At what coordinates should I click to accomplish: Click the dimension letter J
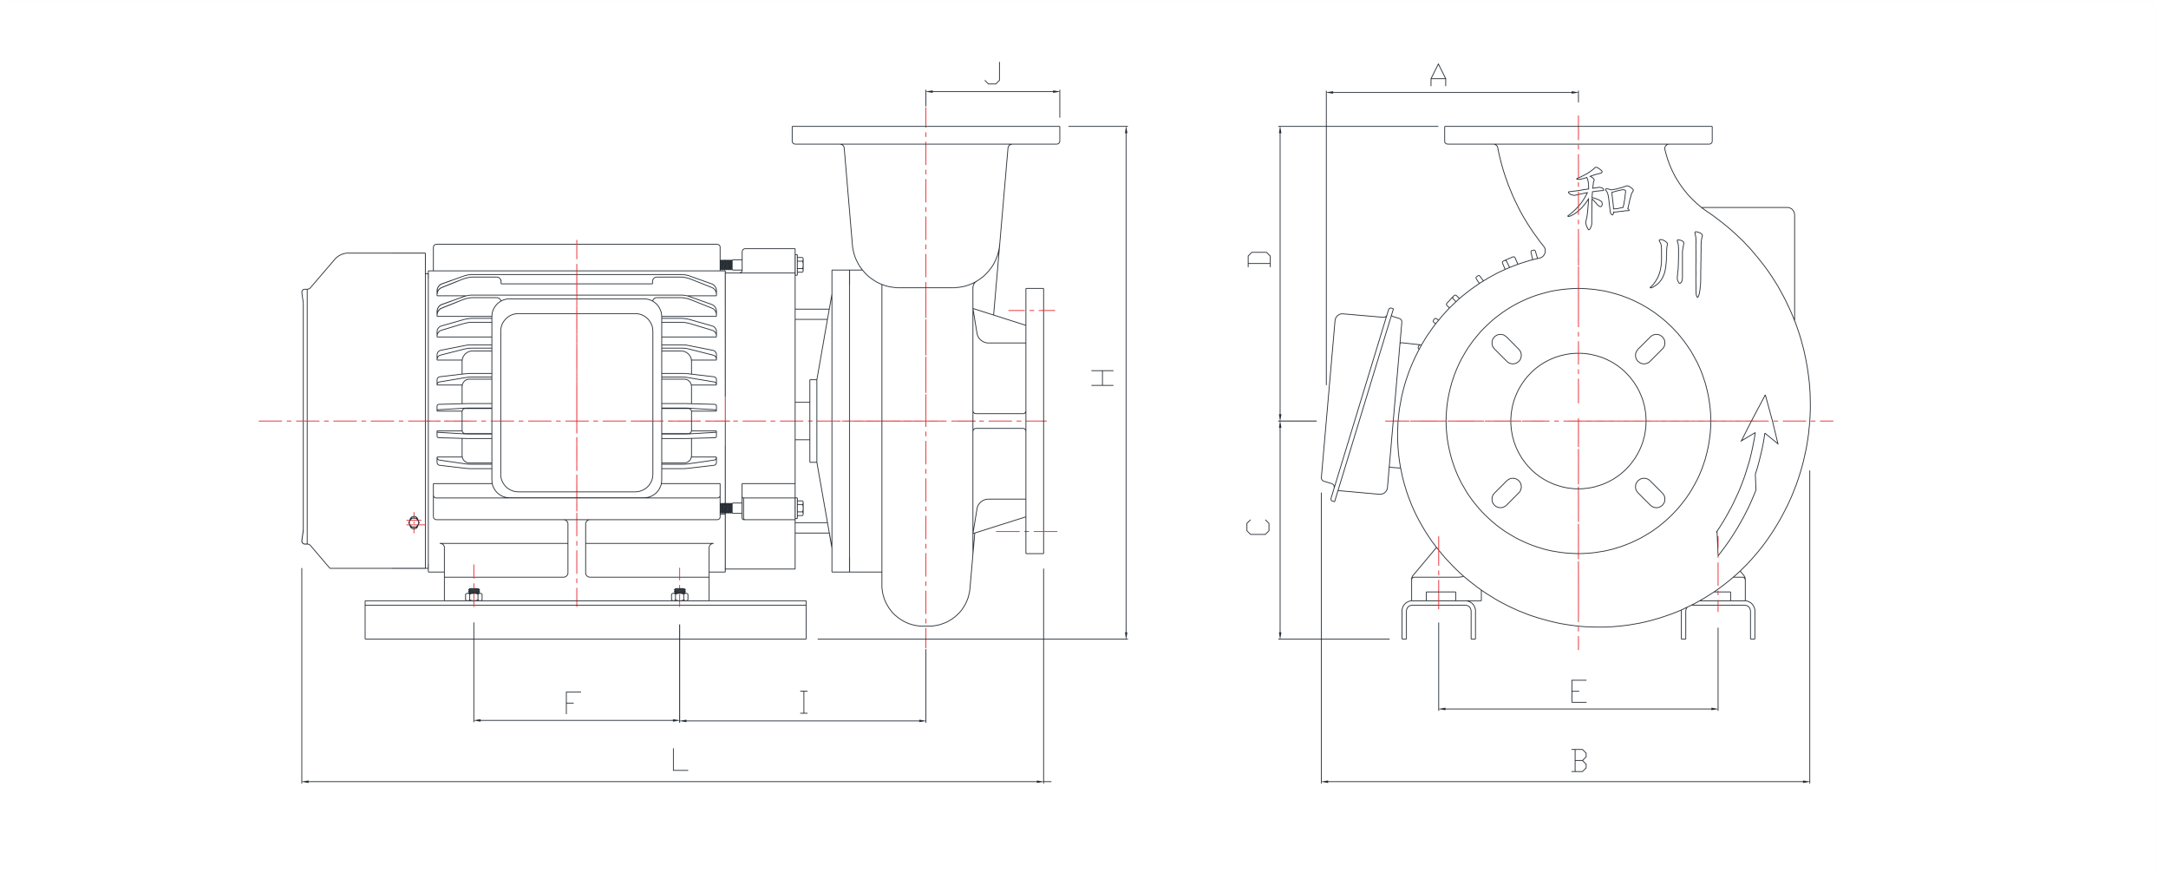tap(993, 73)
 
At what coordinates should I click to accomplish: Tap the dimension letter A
tap(1438, 75)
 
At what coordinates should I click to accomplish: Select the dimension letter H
tap(1102, 377)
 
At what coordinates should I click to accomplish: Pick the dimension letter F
tap(571, 702)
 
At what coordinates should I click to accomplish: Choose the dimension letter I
tap(804, 702)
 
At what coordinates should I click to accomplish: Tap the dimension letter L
tap(680, 761)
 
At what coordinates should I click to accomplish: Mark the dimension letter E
tap(1578, 692)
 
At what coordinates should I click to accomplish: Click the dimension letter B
tap(1579, 761)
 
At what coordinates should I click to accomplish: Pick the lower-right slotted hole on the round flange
tap(1649, 491)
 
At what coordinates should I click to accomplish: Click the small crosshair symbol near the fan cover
tap(414, 522)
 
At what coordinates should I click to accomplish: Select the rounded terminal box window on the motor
tap(576, 403)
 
